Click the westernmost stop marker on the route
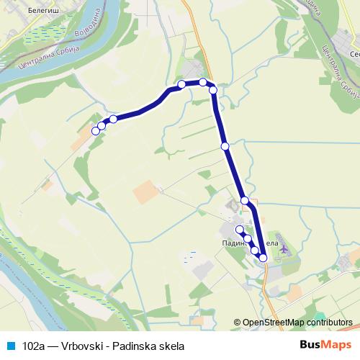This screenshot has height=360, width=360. point(95,130)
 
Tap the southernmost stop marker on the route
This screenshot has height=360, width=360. point(263,257)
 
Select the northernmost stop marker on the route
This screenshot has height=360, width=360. point(203,82)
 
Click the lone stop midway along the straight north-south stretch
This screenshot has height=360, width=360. point(225,146)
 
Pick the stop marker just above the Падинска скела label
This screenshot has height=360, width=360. point(240,229)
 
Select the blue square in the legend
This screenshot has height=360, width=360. point(10,345)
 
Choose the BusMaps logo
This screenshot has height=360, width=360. point(325,344)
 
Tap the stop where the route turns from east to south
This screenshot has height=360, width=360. point(213,89)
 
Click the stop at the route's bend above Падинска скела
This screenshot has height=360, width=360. point(245,200)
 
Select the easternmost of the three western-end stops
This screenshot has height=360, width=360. point(113,119)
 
